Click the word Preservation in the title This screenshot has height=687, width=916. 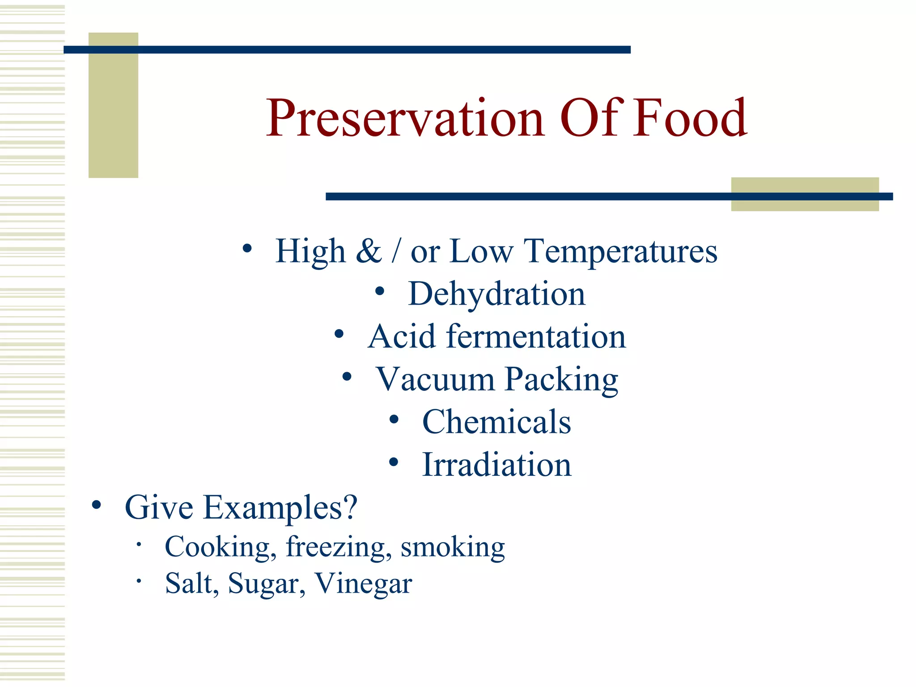[405, 119]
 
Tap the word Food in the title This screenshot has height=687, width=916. [690, 119]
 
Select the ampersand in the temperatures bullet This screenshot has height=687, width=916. [369, 251]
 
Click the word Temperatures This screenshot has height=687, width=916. [620, 252]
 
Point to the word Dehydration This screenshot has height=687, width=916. [496, 294]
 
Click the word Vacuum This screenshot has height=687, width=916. [435, 379]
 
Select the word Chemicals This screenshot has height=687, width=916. [496, 422]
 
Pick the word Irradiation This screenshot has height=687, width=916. [496, 465]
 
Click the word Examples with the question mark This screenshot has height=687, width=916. [280, 508]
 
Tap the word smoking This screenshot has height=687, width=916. [453, 547]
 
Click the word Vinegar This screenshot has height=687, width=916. [363, 584]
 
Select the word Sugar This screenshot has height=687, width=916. [267, 584]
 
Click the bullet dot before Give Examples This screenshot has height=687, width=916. [97, 505]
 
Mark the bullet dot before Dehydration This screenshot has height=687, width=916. [380, 292]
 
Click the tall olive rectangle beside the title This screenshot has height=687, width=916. [113, 105]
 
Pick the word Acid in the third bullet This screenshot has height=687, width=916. [401, 336]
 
